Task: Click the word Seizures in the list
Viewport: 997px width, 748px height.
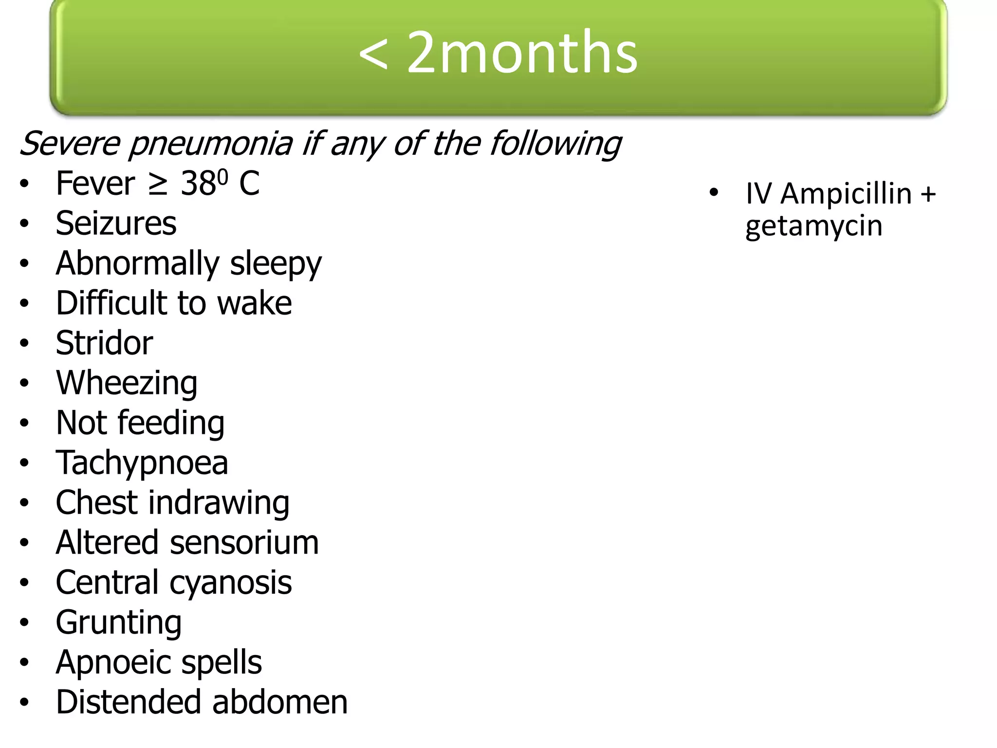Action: (116, 224)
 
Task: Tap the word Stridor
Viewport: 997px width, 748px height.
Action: (104, 343)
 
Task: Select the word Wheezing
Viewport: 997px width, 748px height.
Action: (127, 383)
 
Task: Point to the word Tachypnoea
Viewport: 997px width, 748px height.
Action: (142, 463)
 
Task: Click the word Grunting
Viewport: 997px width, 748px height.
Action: (119, 623)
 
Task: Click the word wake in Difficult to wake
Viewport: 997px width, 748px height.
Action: (254, 303)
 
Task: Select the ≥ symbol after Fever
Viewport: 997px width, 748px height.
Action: (158, 184)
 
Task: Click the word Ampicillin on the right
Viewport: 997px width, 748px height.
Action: (846, 194)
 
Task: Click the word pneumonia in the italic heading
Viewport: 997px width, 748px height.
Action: (210, 144)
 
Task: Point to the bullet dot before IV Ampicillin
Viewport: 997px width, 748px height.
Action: (714, 192)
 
